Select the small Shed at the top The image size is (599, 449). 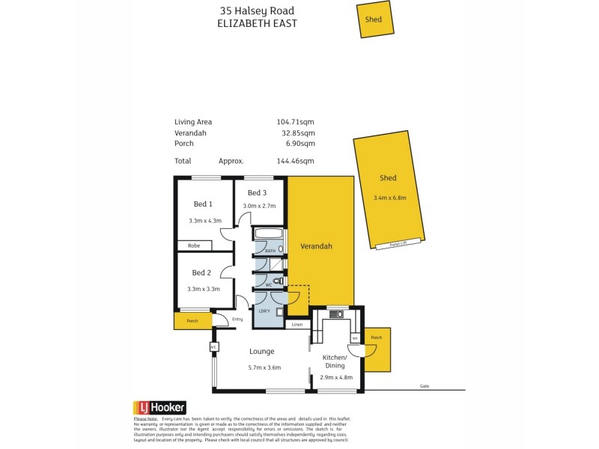pos(374,20)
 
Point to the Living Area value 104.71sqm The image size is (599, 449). pos(296,121)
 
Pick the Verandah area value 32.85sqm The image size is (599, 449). pos(296,132)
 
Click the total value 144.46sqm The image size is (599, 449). pos(296,161)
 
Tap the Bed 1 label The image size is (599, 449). pos(203,204)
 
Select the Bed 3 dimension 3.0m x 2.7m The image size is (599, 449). pos(259,206)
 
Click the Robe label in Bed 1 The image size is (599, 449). pos(193,245)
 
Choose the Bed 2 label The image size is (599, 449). pos(202,272)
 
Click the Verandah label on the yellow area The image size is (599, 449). pos(316,246)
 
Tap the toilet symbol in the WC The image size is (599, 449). pos(278,281)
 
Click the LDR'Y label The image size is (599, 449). pos(264,311)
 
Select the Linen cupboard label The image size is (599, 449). pos(297,325)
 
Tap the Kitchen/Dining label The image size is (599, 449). pos(333,361)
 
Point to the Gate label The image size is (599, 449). pos(425,386)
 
